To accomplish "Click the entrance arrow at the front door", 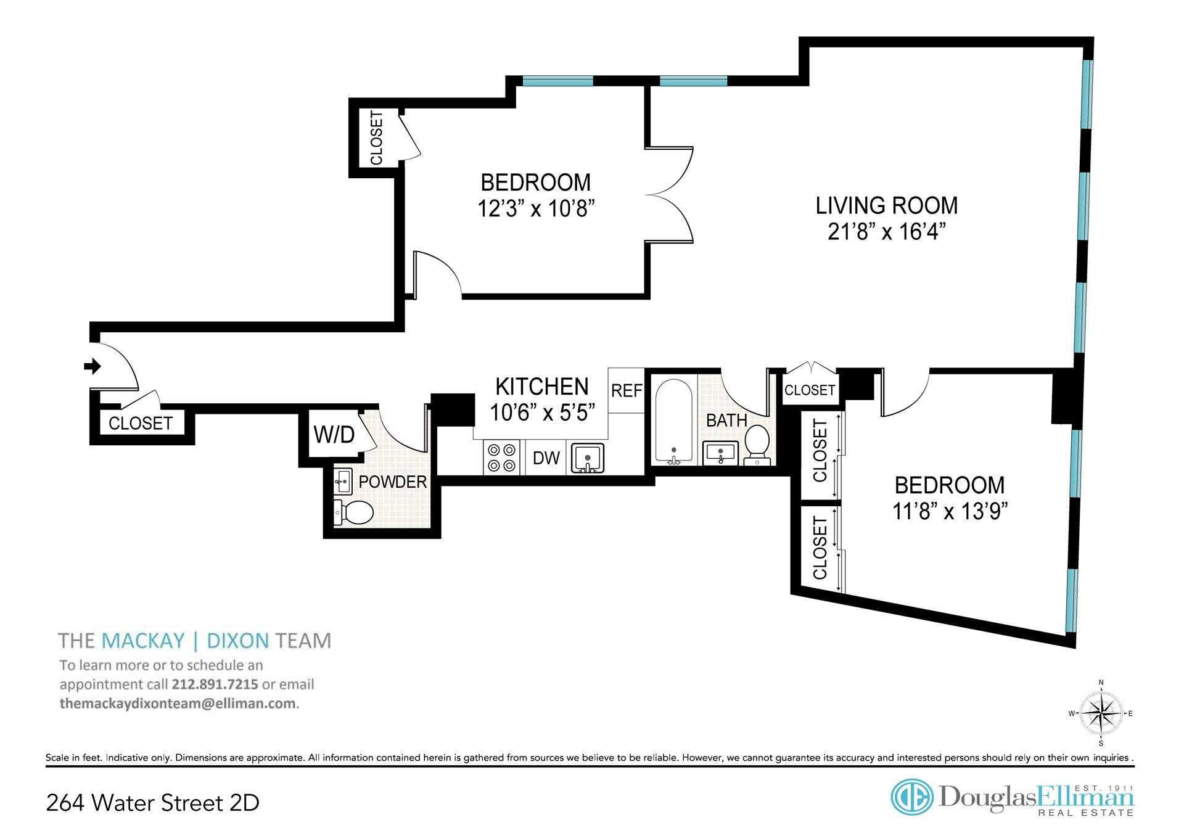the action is pyautogui.click(x=92, y=366).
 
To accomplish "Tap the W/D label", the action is pyautogui.click(x=334, y=434).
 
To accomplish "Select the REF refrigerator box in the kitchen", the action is pyautogui.click(x=627, y=390).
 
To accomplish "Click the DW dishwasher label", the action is pyautogui.click(x=546, y=458).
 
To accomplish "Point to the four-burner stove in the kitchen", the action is pyautogui.click(x=501, y=458).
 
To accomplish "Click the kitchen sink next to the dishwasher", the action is pyautogui.click(x=587, y=458).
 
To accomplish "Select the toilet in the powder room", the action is pyautogui.click(x=353, y=512).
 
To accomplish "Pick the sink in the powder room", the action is pyautogui.click(x=342, y=481).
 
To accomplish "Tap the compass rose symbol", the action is pyautogui.click(x=1101, y=713).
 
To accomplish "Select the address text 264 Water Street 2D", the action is pyautogui.click(x=153, y=803).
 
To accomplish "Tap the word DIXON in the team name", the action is pyautogui.click(x=238, y=641).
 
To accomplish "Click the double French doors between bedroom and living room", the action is pyautogui.click(x=670, y=194).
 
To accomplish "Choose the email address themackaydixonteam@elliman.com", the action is pyautogui.click(x=179, y=704).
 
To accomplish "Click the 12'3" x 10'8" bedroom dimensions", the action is pyautogui.click(x=536, y=208).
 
